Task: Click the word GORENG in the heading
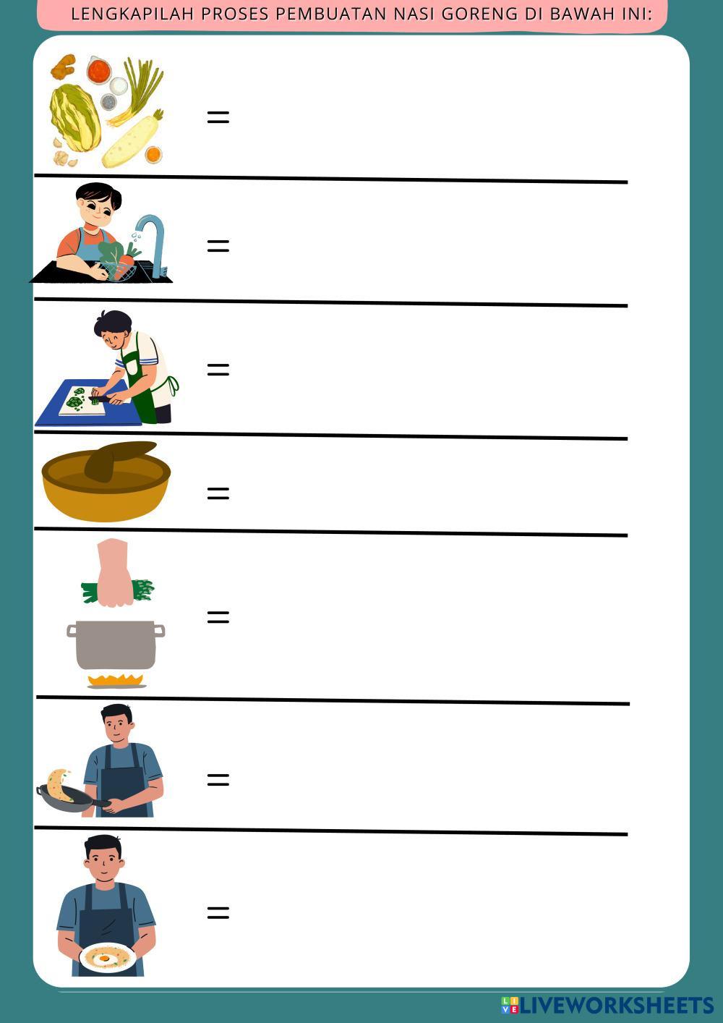[x=480, y=14]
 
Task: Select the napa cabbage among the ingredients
[x=75, y=117]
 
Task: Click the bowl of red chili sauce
[x=99, y=70]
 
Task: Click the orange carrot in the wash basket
[x=123, y=266]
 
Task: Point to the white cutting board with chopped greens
[x=82, y=401]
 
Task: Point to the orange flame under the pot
[x=116, y=680]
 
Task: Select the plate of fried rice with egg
[x=107, y=956]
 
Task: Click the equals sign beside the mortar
[x=218, y=493]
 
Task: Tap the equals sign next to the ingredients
[x=218, y=118]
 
